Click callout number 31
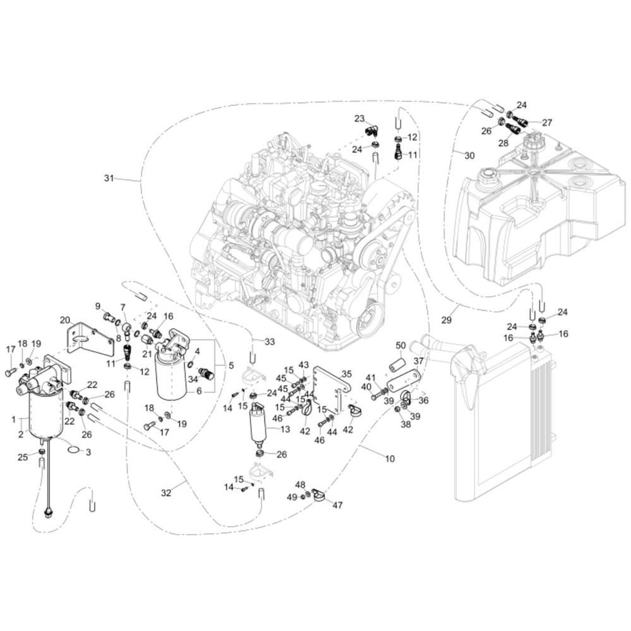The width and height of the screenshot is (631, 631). [x=109, y=178]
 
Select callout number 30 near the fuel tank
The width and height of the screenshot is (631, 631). [x=469, y=155]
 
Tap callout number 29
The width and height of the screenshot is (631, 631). [x=446, y=320]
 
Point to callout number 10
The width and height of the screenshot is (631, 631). [x=390, y=458]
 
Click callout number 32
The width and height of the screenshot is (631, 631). [x=166, y=493]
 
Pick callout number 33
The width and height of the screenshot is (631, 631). [x=269, y=341]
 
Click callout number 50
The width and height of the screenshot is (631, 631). [x=401, y=345]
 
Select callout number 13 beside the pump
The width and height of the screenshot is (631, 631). [x=285, y=429]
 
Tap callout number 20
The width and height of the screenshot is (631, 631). [x=65, y=320]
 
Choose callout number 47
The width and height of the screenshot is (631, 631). [x=337, y=505]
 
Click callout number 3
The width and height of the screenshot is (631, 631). [x=88, y=452]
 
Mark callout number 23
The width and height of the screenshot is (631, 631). [x=360, y=119]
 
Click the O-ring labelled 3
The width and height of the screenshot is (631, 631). [x=73, y=449]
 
